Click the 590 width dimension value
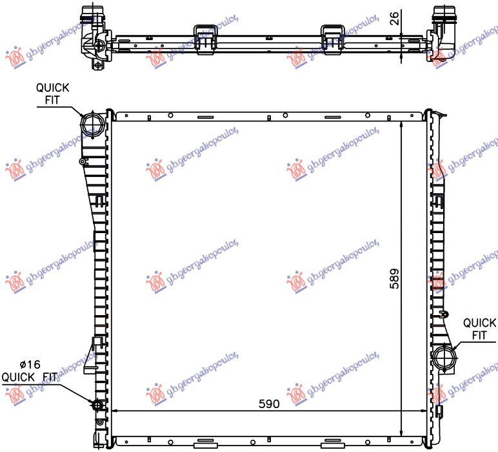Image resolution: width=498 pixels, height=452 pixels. click(x=268, y=404)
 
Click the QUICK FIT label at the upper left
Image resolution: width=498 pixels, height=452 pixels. click(x=52, y=94)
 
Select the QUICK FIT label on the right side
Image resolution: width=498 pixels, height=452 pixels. click(x=479, y=329)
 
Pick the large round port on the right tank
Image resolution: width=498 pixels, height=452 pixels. click(x=445, y=356)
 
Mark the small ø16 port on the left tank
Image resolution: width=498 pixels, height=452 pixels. click(x=98, y=405)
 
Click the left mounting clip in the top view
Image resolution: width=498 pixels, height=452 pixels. click(x=204, y=35)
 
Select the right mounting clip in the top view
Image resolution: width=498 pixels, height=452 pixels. click(x=332, y=35)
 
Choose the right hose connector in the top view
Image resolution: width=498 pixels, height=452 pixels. click(x=443, y=32)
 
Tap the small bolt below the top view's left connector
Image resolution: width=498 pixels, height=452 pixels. click(x=98, y=65)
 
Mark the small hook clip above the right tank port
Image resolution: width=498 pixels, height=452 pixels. click(x=443, y=314)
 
